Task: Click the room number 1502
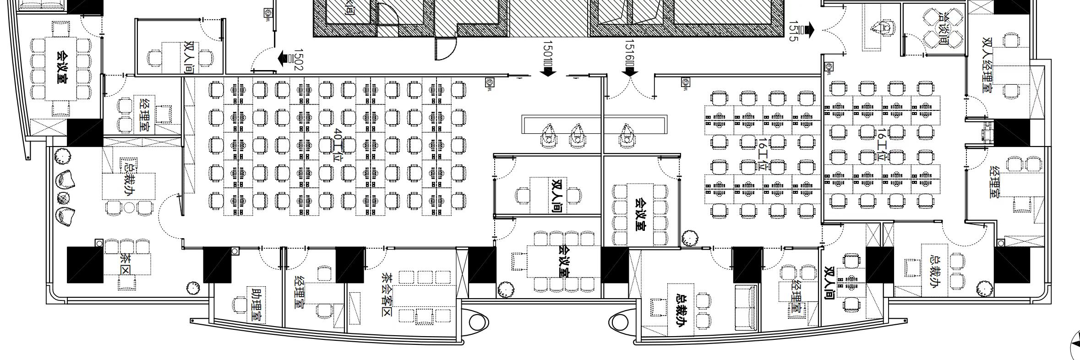point(298,60)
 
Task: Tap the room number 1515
point(793,31)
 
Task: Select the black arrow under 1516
point(630,71)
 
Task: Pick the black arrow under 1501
point(548,71)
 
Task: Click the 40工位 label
point(338,145)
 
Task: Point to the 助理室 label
point(257,305)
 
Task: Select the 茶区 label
point(125,263)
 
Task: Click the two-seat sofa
point(746,307)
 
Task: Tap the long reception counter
point(595,124)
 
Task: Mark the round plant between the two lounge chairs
point(64,198)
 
